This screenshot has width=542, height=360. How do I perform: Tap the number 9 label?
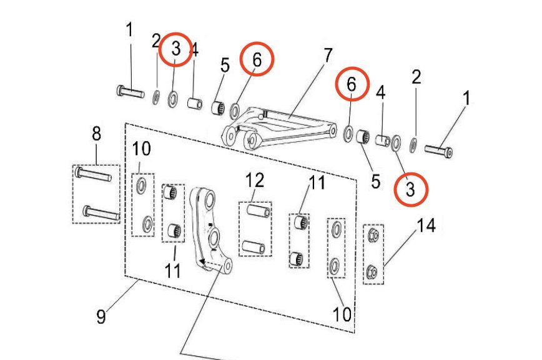pos(101,316)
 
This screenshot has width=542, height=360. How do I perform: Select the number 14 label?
pos(426,226)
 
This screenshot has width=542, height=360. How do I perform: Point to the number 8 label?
pos(96,133)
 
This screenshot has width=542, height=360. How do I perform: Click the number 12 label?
pos(255,181)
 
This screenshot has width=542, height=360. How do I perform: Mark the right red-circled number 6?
pos(352,84)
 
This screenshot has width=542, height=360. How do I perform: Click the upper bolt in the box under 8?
pos(94,174)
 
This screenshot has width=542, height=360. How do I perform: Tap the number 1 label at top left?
pos(130,29)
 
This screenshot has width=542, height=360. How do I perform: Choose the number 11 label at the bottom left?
pos(173,270)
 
